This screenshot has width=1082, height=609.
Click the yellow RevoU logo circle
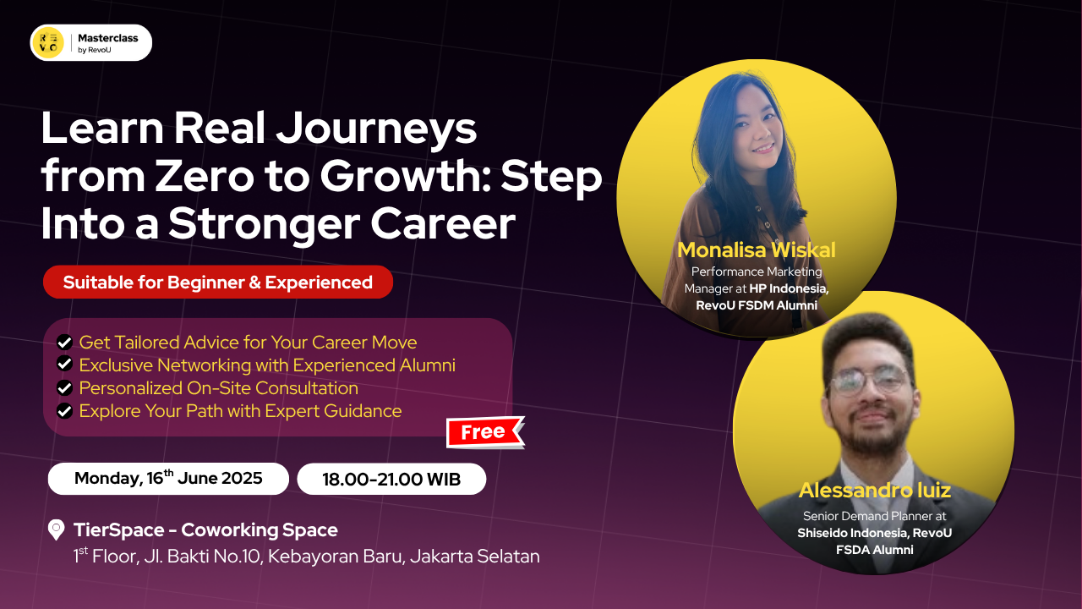pyautogui.click(x=47, y=43)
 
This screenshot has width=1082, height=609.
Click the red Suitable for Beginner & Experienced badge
pyautogui.click(x=218, y=283)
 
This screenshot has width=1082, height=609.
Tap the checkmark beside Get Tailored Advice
pyautogui.click(x=64, y=343)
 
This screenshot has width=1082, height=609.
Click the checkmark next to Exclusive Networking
pyautogui.click(x=64, y=365)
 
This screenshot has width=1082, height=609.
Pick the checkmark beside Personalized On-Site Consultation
pyautogui.click(x=64, y=388)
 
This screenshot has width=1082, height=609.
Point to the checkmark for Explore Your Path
pyautogui.click(x=64, y=411)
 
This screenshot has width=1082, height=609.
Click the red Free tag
pyautogui.click(x=484, y=432)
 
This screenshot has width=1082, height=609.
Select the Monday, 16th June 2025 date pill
pyautogui.click(x=168, y=479)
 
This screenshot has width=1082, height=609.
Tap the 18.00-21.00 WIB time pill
pyautogui.click(x=391, y=480)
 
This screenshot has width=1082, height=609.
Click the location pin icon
pyautogui.click(x=57, y=530)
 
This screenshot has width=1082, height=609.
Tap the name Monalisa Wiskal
pyautogui.click(x=756, y=250)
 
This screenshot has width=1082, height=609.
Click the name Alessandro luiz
pyautogui.click(x=875, y=490)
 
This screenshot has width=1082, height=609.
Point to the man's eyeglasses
pyautogui.click(x=869, y=382)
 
